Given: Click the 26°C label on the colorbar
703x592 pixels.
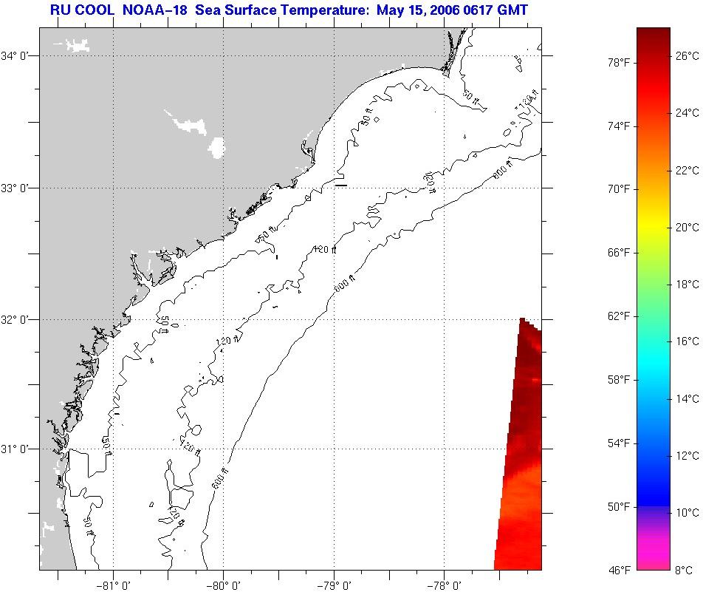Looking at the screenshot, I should coord(687,55).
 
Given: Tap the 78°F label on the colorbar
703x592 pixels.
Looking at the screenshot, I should coord(619,63).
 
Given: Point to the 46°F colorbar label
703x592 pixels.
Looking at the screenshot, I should coord(619,570).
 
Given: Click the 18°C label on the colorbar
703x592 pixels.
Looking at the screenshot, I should coord(687,284).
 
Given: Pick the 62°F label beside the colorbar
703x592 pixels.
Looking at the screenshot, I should coord(619,316).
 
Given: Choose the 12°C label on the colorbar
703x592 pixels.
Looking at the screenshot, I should coord(687,455).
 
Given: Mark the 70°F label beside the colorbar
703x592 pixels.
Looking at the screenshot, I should coord(619,189).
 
